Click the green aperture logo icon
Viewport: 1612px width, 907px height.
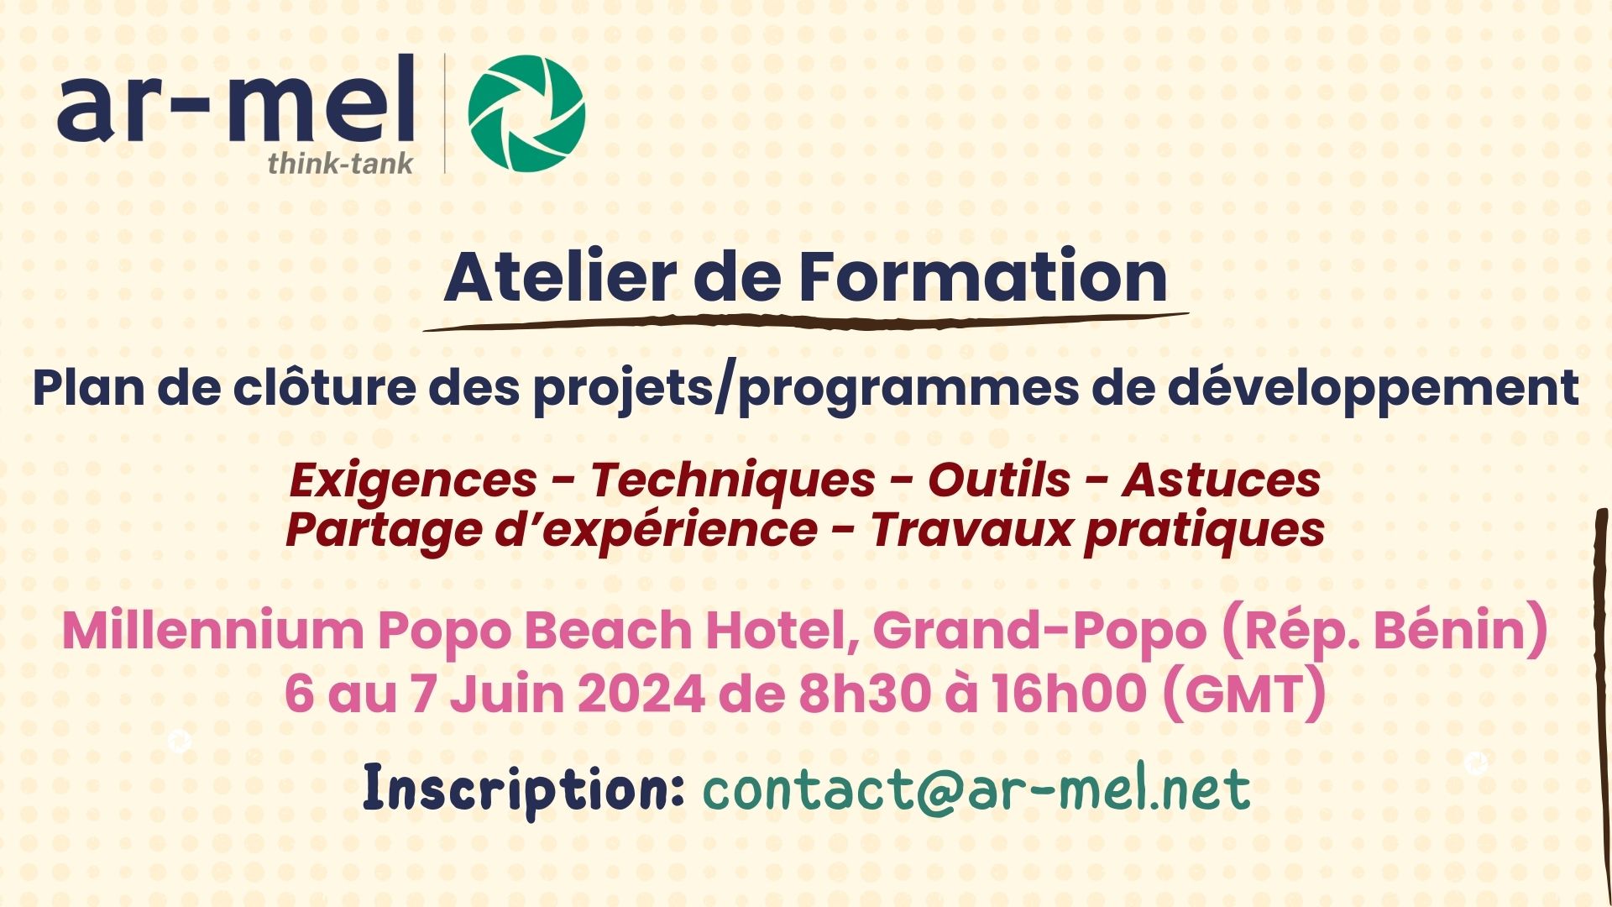pos(526,113)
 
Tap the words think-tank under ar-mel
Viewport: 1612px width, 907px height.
pos(340,163)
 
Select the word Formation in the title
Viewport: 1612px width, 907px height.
pos(982,277)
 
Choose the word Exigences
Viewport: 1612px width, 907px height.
pos(413,481)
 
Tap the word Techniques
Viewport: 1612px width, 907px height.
pos(733,481)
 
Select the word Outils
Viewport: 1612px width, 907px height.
pos(999,480)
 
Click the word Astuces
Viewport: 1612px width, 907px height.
pos(1222,480)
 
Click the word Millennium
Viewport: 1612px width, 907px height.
pos(214,630)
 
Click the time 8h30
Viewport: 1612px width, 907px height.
pos(865,695)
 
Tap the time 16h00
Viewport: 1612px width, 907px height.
pos(1069,695)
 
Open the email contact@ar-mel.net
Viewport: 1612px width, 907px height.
pos(976,789)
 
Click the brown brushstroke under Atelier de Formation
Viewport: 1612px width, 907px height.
pos(806,322)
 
